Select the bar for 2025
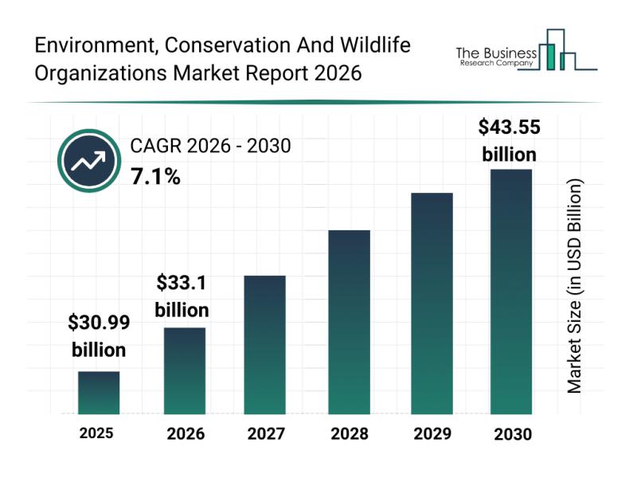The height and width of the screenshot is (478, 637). tap(99, 393)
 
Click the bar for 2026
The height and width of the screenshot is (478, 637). tap(185, 370)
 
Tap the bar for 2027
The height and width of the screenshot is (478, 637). tap(264, 344)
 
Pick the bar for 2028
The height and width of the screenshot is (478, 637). tap(349, 322)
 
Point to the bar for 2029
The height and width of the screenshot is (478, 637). tap(432, 304)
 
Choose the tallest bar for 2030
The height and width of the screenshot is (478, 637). tap(510, 292)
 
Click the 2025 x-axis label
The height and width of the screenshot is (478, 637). tap(96, 433)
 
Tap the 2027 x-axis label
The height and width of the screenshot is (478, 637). tap(264, 434)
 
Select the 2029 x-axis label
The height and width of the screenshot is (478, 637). tap(432, 434)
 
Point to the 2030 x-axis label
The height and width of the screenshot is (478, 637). tap(512, 435)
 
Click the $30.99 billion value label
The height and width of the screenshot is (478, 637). tap(99, 336)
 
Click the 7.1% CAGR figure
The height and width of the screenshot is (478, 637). tap(155, 177)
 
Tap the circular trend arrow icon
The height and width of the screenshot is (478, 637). tap(88, 162)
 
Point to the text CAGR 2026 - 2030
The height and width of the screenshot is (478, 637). tap(211, 146)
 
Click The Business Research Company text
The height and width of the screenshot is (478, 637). tap(495, 57)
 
